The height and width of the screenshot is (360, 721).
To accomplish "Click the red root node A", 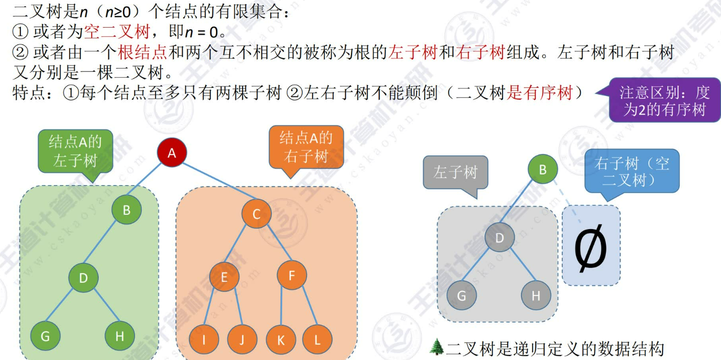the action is pos(172,152).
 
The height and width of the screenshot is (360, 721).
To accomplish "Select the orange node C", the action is pos(256,214).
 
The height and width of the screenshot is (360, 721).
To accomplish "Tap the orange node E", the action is pos(224,277).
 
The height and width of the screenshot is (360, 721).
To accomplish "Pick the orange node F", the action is pos(292,276).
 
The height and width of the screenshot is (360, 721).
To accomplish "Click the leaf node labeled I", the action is pos(204,339).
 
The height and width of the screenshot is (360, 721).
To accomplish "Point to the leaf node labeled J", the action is pos(242,339).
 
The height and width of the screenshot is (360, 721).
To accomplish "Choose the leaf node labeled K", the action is pos(281,339).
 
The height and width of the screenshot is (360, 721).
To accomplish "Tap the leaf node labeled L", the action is pos(317,339).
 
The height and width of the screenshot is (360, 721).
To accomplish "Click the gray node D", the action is pos(500,237).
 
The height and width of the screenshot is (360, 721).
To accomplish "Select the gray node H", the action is pos(536,296).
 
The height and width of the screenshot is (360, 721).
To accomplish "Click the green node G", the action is pos(45,336).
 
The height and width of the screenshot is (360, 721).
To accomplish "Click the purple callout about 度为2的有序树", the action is pos(664,101).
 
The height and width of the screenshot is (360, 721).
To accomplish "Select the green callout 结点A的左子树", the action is pos(75,151).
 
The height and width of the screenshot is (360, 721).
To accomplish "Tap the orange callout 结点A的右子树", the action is pos(306,147).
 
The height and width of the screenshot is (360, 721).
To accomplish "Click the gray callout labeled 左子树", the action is pos(455,172).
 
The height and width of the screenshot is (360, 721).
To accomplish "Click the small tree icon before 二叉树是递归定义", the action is pos(436,347).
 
